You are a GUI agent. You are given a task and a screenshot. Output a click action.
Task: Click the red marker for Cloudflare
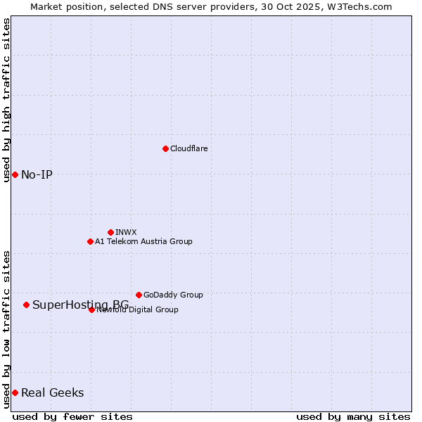point(165,148)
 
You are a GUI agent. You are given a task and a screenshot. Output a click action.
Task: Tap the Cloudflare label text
point(188,148)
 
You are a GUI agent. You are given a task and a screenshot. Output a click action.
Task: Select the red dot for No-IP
point(15,174)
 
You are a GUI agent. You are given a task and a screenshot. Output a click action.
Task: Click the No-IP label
point(37,174)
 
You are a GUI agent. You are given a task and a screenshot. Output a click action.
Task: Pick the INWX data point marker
point(110,232)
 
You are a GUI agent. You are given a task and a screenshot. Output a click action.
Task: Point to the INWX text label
point(126,232)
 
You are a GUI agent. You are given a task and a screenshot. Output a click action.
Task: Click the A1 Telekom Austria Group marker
point(90,241)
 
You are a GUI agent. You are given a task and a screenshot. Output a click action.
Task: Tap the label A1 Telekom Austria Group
point(143,241)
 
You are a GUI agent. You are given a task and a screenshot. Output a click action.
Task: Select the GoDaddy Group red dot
point(139,295)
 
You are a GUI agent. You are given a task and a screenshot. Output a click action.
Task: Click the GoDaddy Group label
point(173,295)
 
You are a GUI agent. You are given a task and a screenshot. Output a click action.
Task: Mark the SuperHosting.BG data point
point(26,305)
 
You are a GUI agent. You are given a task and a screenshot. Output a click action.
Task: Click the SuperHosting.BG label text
point(80,305)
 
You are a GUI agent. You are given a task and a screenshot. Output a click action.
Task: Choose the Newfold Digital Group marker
point(91,309)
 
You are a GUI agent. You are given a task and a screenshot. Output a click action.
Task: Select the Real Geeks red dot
point(15,392)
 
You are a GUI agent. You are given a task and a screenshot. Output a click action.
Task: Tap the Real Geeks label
point(52,392)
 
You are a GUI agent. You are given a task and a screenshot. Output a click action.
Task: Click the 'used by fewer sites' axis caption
point(72,416)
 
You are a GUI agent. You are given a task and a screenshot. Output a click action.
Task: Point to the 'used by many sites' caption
point(353,416)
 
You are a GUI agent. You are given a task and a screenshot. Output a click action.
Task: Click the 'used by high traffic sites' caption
point(6,100)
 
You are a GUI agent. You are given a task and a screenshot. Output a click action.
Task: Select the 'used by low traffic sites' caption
point(6,328)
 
